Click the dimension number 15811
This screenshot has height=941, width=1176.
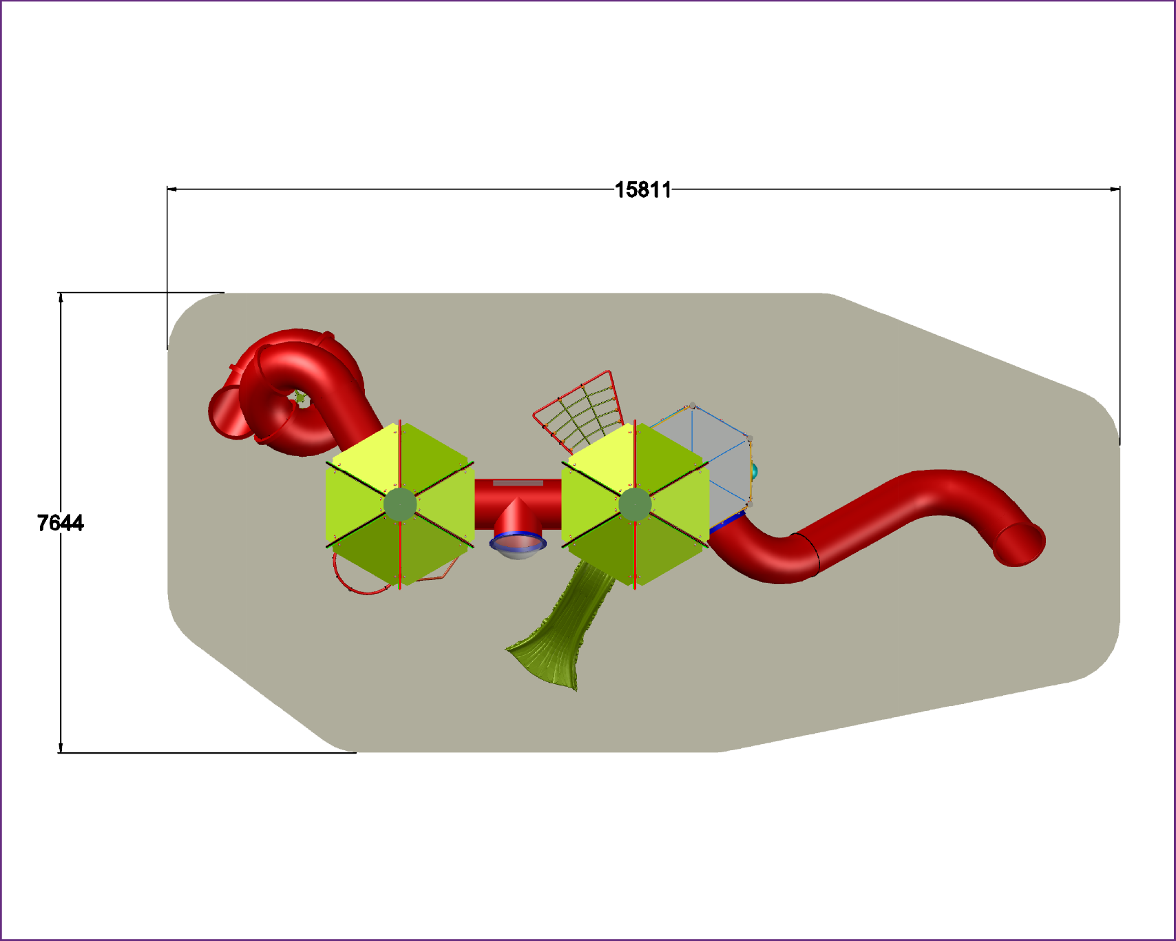click(642, 189)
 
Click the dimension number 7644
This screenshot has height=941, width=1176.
click(61, 524)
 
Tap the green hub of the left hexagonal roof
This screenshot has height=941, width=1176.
click(400, 505)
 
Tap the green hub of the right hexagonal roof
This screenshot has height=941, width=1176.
click(635, 505)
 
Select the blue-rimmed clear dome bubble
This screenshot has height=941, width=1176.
click(518, 546)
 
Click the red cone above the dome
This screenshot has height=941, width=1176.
click(518, 517)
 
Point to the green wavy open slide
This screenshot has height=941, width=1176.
click(561, 627)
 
